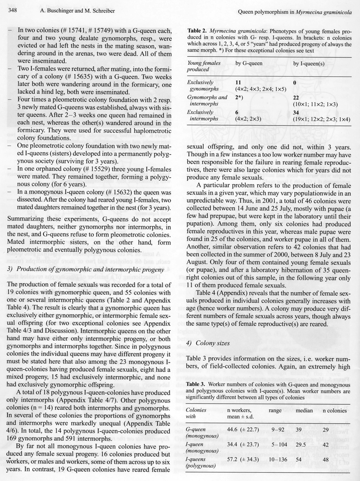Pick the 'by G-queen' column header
click(249, 63)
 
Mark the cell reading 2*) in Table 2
click(240, 97)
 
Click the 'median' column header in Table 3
click(304, 410)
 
